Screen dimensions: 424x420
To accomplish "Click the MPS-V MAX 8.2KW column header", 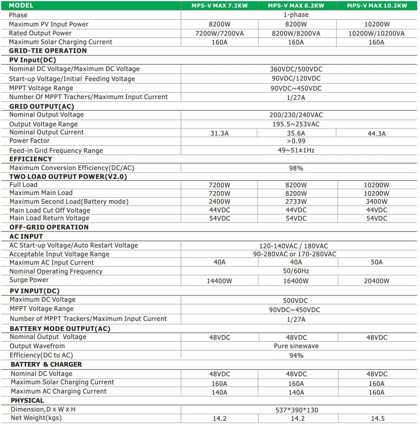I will pos(296,6).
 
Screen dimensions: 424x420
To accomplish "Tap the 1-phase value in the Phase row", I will pos(296,15).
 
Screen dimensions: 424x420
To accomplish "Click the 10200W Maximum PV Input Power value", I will pos(376,24).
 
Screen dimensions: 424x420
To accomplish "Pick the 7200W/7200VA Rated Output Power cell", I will pos(219,33).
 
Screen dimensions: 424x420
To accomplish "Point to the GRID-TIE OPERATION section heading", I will pos(48,51).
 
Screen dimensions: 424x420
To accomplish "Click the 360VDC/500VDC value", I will pos(296,69).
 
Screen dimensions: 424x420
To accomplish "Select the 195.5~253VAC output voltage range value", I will pos(296,124).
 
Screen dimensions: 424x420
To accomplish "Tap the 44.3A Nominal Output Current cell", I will pos(376,134).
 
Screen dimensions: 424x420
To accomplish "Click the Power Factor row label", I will pos(30,141).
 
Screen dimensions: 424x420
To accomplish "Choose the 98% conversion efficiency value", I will pos(296,168).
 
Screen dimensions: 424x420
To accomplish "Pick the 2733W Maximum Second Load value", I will pos(296,202).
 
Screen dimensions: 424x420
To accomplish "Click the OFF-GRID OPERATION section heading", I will pos(49,227).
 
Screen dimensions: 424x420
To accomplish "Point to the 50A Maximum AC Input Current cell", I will pos(376,262).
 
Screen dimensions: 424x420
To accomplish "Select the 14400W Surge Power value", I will pos(219,281).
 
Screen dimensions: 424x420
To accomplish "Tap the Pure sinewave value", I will pos(296,346).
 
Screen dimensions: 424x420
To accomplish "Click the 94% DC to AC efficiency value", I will pos(296,355).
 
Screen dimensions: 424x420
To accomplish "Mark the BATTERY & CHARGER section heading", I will pos(46,364).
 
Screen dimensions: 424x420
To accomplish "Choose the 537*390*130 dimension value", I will pos(296,410).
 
